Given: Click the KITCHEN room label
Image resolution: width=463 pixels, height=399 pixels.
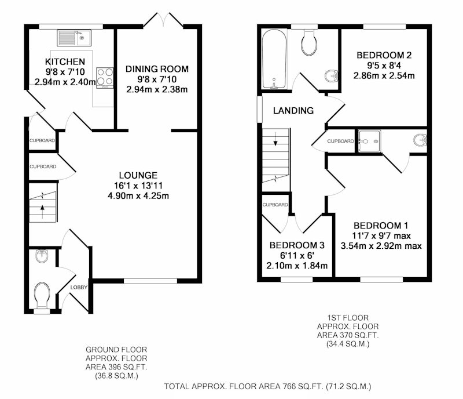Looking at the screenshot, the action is [x=65, y=61].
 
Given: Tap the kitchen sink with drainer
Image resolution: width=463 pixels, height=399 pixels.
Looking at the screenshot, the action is [x=74, y=38].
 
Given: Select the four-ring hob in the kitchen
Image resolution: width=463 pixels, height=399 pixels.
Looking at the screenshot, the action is [x=105, y=78].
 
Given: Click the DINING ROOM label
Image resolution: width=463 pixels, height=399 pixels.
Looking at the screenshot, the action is [x=157, y=69].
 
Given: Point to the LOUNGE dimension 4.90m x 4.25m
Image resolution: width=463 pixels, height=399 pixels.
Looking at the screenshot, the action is [x=138, y=195].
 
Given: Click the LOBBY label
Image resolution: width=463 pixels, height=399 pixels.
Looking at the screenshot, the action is [x=79, y=287].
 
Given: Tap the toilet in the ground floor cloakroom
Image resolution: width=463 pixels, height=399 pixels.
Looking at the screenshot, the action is [x=42, y=295].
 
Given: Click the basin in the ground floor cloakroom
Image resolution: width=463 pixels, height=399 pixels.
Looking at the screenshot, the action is [x=42, y=256].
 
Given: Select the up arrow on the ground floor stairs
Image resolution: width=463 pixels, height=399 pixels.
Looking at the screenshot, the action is [x=42, y=210].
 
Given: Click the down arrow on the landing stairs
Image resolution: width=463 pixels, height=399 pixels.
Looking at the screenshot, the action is [x=275, y=139].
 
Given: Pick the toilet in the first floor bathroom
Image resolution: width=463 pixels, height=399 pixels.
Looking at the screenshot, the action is [x=309, y=42].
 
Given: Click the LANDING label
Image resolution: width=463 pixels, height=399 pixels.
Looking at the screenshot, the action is [x=293, y=110].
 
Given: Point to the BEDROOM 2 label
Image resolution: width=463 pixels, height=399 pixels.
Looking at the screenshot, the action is [x=384, y=55].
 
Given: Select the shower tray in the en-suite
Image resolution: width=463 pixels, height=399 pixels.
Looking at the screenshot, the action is [x=369, y=141].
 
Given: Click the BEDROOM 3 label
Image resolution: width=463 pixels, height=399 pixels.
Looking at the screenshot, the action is [x=297, y=245].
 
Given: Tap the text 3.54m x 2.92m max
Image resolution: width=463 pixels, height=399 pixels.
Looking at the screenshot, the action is [x=381, y=246].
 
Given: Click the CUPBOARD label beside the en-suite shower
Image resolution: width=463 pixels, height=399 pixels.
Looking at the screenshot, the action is [x=340, y=141].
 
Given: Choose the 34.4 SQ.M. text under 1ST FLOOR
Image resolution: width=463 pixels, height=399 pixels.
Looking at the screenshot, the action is [x=348, y=344].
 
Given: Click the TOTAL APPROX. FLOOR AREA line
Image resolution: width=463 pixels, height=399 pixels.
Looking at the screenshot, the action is [x=267, y=386].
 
